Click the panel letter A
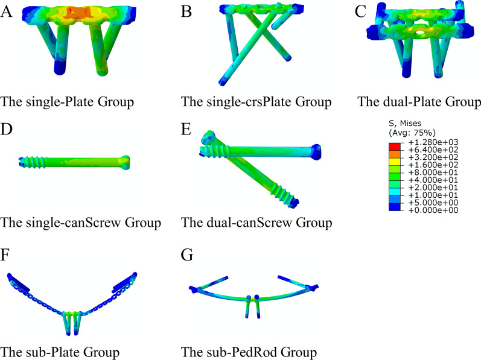[x=7, y=12]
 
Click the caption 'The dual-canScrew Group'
[x=256, y=223]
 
